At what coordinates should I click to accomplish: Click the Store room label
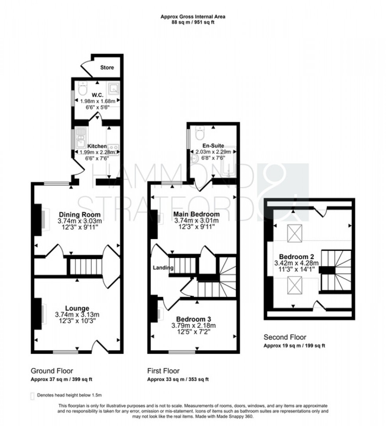(107, 67)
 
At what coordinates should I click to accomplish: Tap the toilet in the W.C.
(82, 89)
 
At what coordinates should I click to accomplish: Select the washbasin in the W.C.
(113, 88)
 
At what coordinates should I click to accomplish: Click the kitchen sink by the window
(80, 136)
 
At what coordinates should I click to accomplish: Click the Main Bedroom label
(197, 214)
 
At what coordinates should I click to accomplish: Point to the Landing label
(163, 268)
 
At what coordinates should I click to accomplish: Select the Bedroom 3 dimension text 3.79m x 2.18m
(194, 325)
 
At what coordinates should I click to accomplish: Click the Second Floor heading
(285, 337)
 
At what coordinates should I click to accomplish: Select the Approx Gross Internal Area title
(193, 17)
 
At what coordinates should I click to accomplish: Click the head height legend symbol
(32, 395)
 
